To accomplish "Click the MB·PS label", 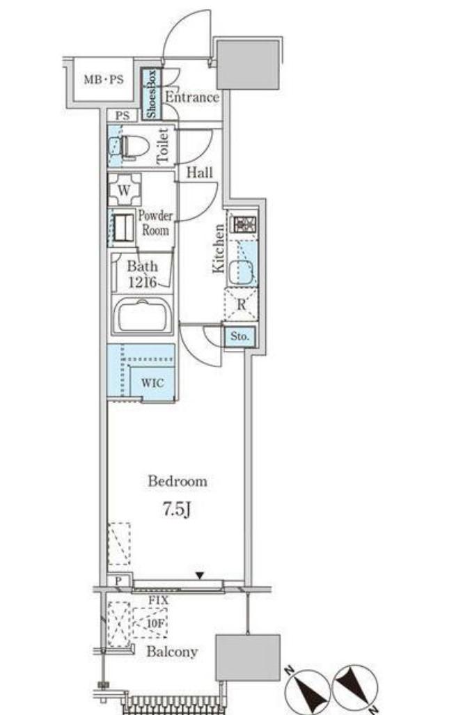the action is [x=104, y=79].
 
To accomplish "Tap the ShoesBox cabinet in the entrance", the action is [x=151, y=94].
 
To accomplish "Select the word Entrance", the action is [x=191, y=97].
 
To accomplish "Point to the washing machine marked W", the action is [x=124, y=189].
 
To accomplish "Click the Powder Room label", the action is [x=155, y=222].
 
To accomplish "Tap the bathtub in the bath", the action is [x=142, y=315].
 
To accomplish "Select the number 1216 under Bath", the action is [x=142, y=283].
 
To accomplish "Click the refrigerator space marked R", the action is [x=241, y=304].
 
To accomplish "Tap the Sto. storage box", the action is [x=239, y=337].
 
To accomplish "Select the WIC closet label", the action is [x=152, y=382].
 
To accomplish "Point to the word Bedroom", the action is [x=178, y=481].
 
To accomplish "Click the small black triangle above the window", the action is [x=199, y=576].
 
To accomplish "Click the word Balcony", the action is [x=172, y=652].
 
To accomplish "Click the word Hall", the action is [x=200, y=173].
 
